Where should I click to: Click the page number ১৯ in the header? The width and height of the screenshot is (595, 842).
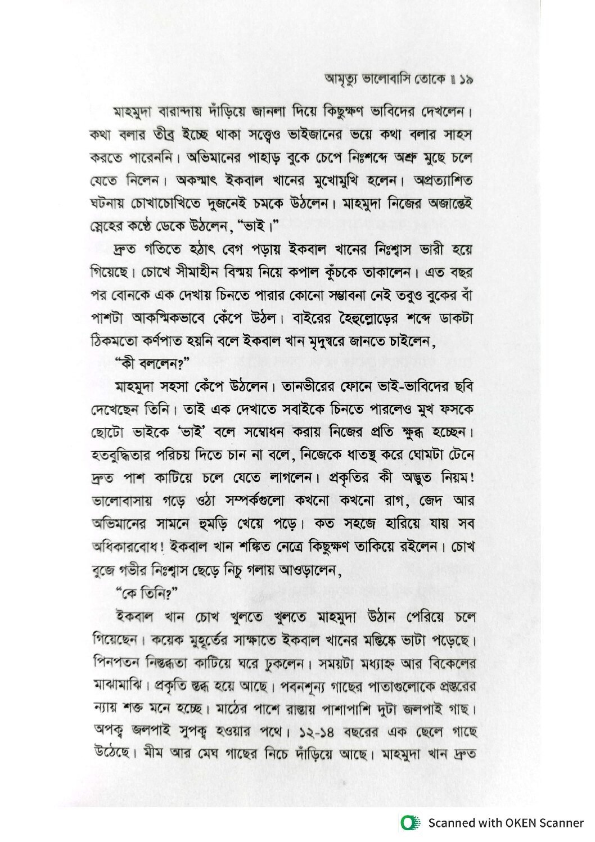point(466,81)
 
